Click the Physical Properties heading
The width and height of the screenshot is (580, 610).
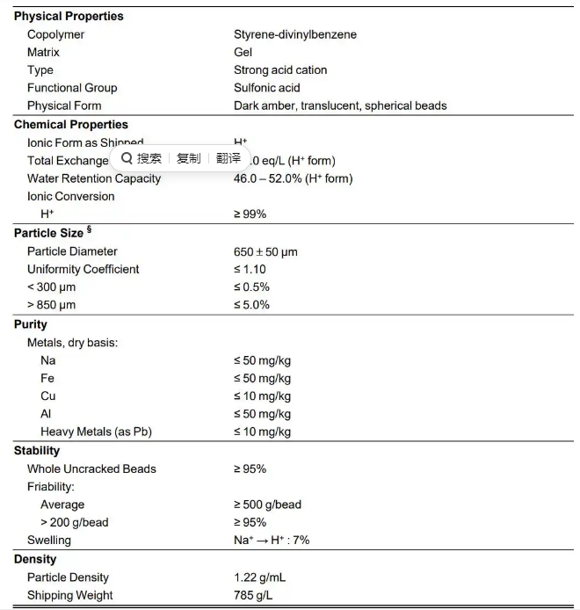(69, 16)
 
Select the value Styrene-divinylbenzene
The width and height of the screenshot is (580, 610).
(294, 34)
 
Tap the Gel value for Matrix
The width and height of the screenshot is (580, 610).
(243, 52)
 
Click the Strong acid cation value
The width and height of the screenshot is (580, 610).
(279, 69)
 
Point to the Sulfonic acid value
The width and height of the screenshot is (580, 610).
(267, 87)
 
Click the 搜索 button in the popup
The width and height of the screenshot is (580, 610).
(142, 158)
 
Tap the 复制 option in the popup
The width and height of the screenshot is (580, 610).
(188, 158)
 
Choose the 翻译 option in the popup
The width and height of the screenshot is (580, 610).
(228, 158)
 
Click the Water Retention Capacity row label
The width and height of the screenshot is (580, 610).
(93, 178)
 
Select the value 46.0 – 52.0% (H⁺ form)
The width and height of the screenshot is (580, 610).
(293, 178)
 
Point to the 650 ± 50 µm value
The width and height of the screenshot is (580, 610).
(265, 251)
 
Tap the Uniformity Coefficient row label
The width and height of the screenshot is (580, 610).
(83, 269)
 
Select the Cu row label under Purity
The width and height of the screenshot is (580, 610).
(48, 396)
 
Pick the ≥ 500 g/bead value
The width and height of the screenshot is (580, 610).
(267, 505)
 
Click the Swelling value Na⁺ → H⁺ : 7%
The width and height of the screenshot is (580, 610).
(271, 540)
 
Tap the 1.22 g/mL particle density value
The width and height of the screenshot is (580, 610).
(259, 577)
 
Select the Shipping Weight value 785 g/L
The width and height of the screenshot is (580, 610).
(254, 595)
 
